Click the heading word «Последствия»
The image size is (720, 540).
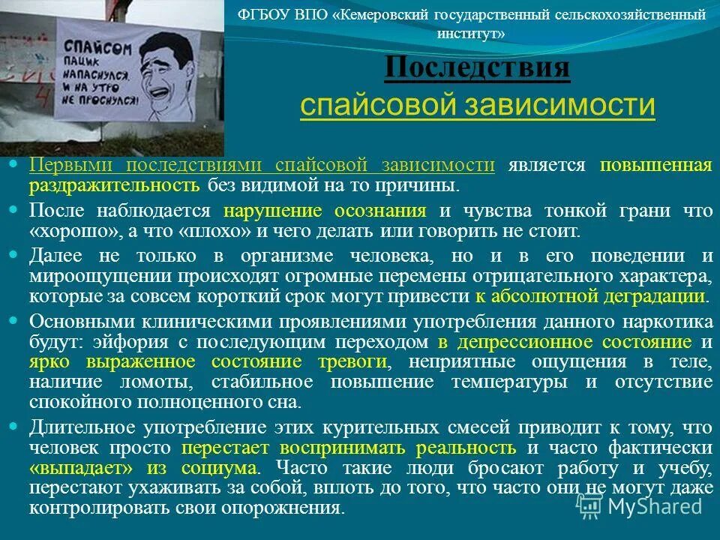pos(477,70)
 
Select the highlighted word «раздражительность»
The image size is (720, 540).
pos(114,185)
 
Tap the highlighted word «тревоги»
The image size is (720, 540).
pos(354,363)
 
